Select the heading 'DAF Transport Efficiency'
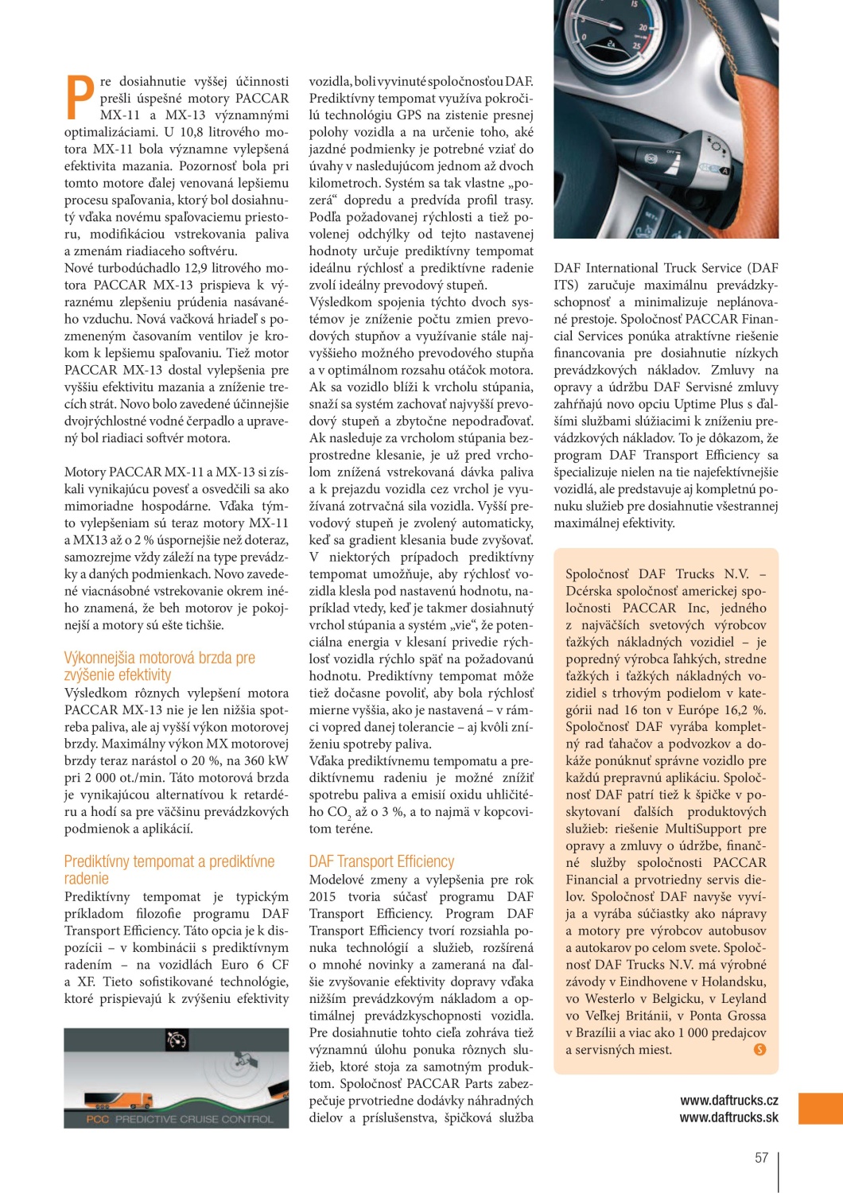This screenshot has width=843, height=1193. tap(382, 861)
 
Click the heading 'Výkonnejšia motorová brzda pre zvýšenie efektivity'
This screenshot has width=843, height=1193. tap(159, 666)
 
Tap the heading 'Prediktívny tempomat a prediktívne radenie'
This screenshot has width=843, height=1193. tap(169, 870)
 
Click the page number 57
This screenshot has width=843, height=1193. tap(761, 1157)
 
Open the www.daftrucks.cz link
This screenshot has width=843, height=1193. tap(728, 1101)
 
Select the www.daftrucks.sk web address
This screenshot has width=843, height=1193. tap(728, 1117)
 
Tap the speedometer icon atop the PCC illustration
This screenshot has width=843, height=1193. tap(177, 1040)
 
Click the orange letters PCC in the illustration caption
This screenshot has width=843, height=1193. tap(98, 1119)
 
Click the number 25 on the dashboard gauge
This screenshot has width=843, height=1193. tap(636, 46)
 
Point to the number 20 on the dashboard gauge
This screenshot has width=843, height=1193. tap(643, 28)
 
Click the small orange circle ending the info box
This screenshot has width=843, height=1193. tap(759, 1050)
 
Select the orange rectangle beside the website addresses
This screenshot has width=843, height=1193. tap(820, 1109)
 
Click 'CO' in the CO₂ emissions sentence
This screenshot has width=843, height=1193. tap(337, 812)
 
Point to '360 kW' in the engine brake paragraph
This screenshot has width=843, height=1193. tap(266, 760)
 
